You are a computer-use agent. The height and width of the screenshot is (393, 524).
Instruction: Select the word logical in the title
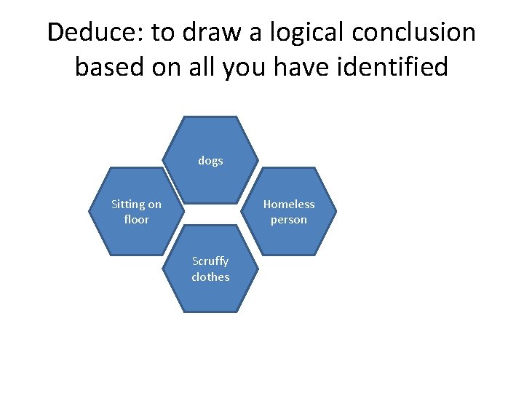pos(299,33)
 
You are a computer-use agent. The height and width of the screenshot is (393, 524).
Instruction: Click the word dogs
pos(210,161)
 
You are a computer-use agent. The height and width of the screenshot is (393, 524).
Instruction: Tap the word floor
pos(136,219)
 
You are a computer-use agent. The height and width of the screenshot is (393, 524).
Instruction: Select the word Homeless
pos(289,205)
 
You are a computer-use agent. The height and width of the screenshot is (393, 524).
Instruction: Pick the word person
pos(289,219)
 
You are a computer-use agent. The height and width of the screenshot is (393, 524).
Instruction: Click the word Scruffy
pos(210,261)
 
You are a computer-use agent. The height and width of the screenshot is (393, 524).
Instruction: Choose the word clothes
pos(210,277)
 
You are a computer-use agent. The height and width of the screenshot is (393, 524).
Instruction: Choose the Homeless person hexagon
pos(289,237)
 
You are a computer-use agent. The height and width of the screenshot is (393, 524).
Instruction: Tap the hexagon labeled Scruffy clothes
pos(210,295)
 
